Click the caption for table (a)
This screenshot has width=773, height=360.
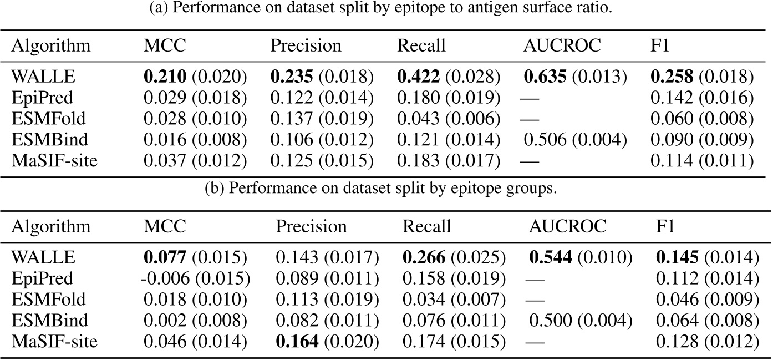point(386,9)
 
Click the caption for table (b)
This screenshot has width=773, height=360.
point(386,188)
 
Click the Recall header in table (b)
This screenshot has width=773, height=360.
point(426,226)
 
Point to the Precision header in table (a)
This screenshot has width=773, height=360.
point(306,45)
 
